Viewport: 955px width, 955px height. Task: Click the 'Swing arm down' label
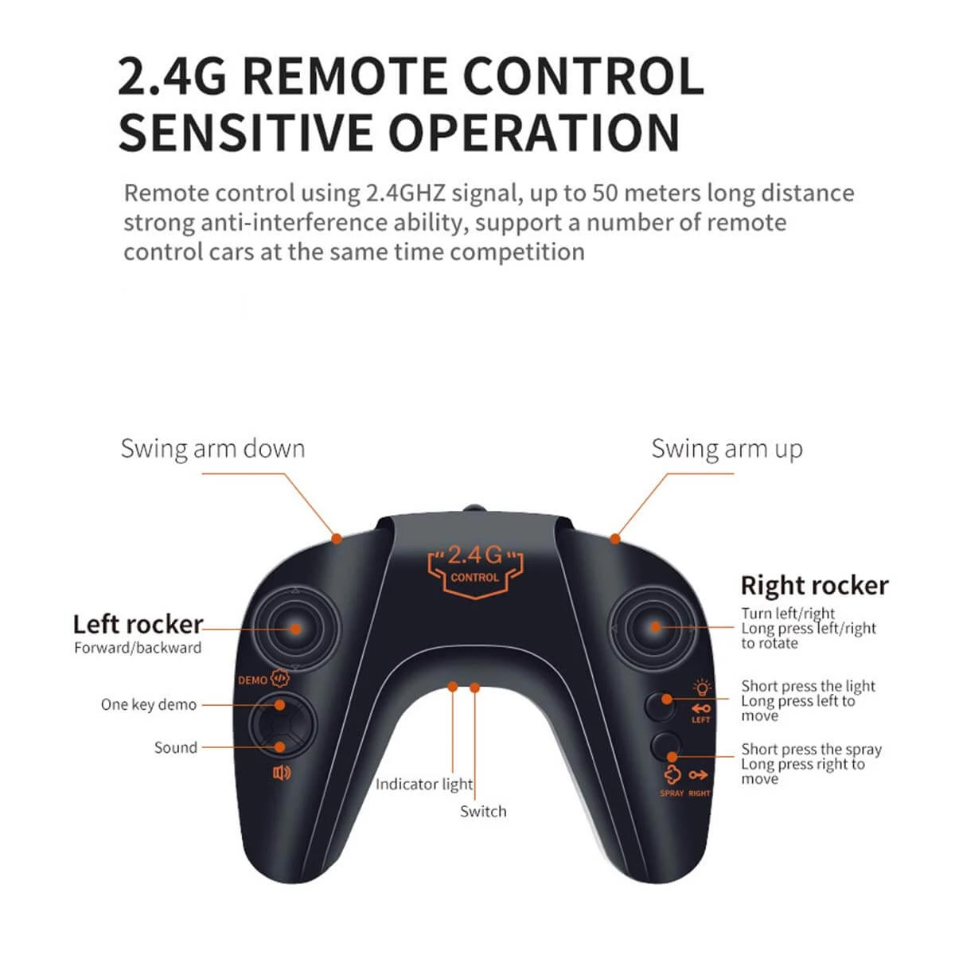[212, 449]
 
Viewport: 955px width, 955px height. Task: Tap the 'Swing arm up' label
[727, 450]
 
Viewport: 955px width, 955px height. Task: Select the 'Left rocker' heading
[138, 625]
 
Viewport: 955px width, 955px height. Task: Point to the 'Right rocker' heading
[814, 586]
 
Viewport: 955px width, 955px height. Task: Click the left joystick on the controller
[295, 629]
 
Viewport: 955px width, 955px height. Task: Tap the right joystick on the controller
[655, 627]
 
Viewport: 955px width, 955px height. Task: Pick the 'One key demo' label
[149, 705]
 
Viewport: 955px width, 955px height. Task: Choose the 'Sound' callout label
[175, 747]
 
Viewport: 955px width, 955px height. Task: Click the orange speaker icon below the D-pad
[282, 773]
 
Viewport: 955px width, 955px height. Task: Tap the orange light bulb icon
[702, 688]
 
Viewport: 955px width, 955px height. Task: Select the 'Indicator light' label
[423, 784]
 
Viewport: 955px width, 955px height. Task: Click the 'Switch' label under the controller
[483, 811]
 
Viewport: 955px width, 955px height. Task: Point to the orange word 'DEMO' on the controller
[253, 680]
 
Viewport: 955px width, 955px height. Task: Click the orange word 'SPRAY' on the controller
[672, 793]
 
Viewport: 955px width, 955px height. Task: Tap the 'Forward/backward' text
[138, 648]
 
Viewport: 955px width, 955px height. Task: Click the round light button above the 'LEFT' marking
[661, 706]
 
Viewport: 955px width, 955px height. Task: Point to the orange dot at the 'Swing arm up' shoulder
[615, 539]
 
